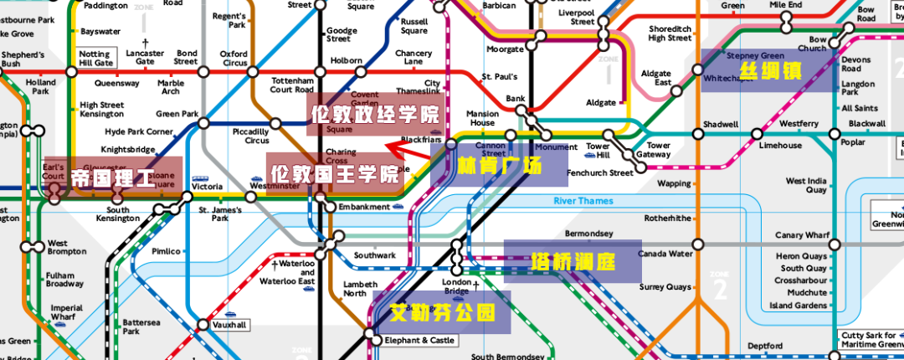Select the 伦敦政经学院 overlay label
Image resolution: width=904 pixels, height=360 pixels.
click(x=375, y=115)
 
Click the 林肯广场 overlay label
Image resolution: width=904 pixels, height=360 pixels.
click(x=500, y=166)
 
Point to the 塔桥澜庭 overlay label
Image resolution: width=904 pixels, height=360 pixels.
click(x=573, y=262)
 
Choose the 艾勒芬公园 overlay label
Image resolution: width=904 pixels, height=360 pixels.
click(x=441, y=313)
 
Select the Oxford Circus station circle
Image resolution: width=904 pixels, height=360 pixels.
click(x=251, y=72)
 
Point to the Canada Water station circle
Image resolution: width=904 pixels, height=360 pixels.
click(x=699, y=244)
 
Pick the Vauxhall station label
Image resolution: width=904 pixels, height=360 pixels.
click(x=229, y=325)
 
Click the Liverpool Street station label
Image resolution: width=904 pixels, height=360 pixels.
click(x=572, y=17)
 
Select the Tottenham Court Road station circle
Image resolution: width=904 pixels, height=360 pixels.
click(x=319, y=72)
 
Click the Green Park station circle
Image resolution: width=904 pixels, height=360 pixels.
click(x=203, y=123)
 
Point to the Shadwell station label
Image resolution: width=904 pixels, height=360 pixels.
click(x=720, y=124)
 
